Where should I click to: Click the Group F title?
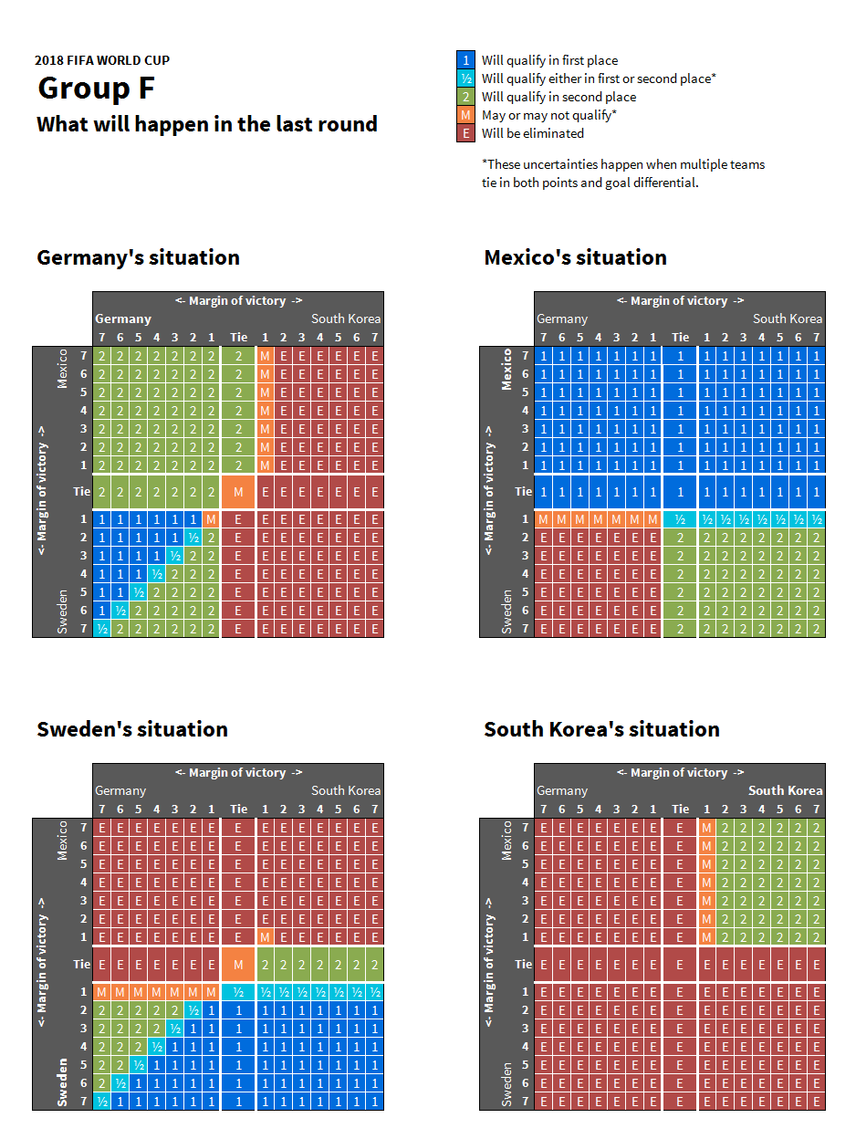tap(96, 89)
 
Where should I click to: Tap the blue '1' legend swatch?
tap(465, 60)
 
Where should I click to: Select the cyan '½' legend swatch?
tap(465, 78)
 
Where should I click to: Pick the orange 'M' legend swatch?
tap(465, 115)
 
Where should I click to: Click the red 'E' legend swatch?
tap(465, 133)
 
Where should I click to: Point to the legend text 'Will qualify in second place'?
tap(558, 97)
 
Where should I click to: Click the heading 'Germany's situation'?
tap(138, 257)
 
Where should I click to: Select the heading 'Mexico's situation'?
tap(575, 257)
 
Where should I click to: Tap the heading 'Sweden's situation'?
tap(132, 729)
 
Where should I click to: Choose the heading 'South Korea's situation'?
tap(601, 729)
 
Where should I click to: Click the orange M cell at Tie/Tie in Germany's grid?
tap(238, 492)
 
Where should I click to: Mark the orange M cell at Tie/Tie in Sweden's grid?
tap(238, 964)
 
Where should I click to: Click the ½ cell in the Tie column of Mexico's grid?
tap(680, 519)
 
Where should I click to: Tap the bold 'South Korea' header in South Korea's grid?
tap(785, 790)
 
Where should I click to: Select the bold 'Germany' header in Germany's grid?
tap(123, 319)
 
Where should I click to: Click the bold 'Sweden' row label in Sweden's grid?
tap(63, 1082)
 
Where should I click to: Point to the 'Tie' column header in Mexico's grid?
tap(680, 337)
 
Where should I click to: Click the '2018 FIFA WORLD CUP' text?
tap(102, 60)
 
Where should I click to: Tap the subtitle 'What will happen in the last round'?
tap(207, 124)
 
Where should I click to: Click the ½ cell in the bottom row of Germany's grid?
tap(101, 628)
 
